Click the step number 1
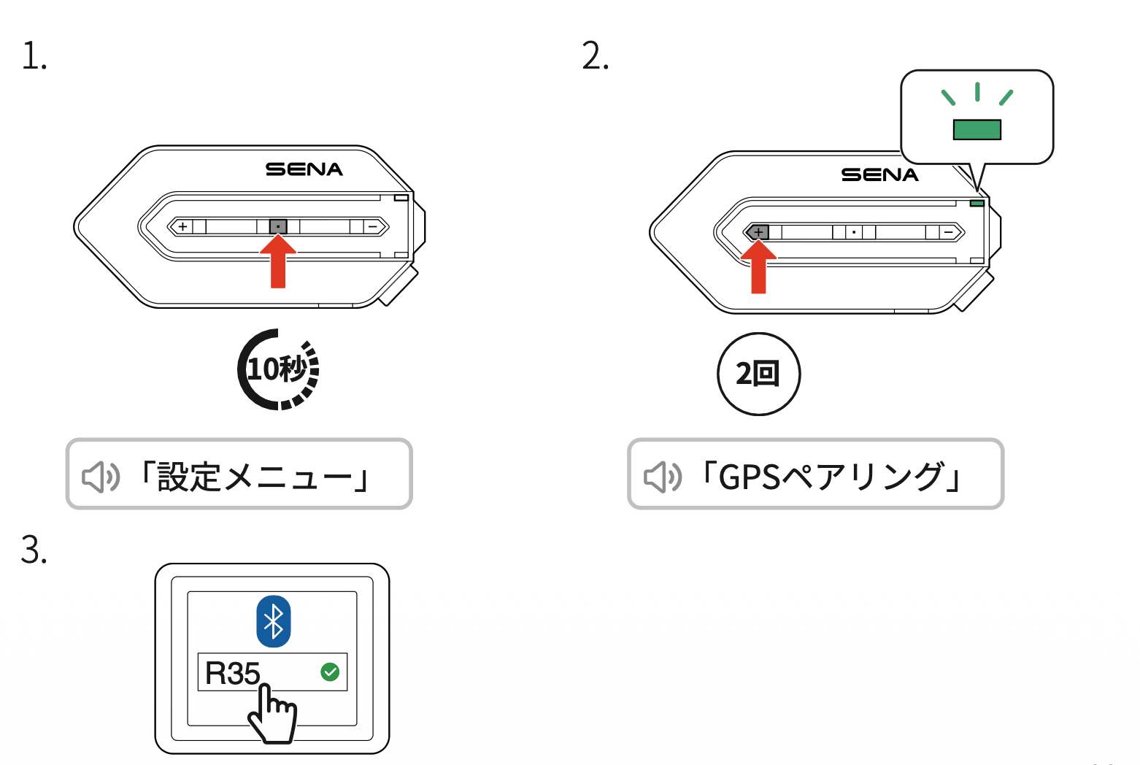tap(34, 56)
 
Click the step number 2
tap(595, 56)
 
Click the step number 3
tap(34, 550)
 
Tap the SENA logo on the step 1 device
tap(304, 169)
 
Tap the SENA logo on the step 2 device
tap(879, 175)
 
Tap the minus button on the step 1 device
tap(373, 227)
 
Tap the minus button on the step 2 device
tap(949, 233)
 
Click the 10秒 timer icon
tap(278, 369)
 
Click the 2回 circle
tap(758, 374)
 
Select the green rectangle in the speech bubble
tap(977, 130)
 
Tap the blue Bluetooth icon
tap(274, 622)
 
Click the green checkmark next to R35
tap(330, 672)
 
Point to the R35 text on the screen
tap(232, 673)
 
